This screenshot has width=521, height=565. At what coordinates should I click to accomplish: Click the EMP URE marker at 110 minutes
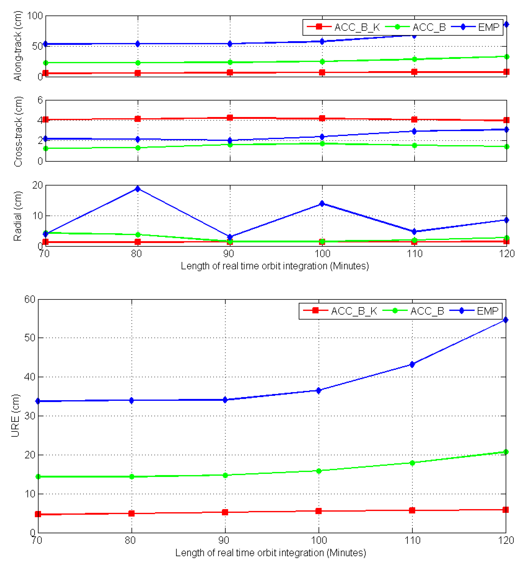(x=412, y=364)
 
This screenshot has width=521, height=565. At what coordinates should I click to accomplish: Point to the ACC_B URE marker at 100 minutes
(x=319, y=471)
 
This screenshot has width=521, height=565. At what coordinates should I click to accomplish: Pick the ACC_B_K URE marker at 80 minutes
(x=131, y=513)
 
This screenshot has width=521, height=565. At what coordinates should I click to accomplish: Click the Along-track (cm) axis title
(x=17, y=46)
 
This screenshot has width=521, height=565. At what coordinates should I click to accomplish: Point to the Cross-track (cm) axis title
(x=17, y=131)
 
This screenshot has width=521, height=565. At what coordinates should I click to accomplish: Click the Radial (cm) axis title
(x=17, y=216)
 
